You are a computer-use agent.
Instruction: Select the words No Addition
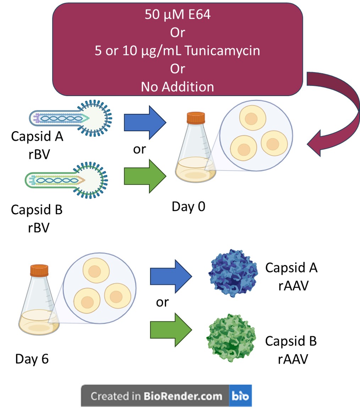click(177, 87)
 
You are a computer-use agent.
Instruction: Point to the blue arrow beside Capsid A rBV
click(145, 122)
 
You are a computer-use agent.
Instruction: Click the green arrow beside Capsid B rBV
click(145, 176)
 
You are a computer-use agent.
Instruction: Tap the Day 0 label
click(188, 206)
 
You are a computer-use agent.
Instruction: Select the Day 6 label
click(32, 359)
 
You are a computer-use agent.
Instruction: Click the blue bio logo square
click(241, 395)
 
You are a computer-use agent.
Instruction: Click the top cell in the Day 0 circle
click(252, 118)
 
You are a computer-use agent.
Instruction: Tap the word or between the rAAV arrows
click(162, 303)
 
